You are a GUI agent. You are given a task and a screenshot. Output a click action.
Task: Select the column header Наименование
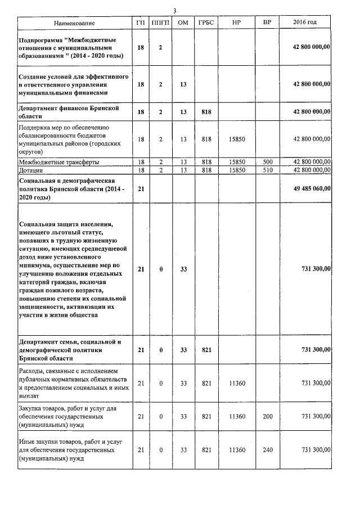[x=74, y=22]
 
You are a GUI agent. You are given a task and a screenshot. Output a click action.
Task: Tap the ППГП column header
[x=160, y=22]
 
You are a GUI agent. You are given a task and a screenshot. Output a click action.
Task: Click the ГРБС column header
[x=206, y=22]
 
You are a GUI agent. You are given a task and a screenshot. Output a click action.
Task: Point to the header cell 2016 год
[x=305, y=22]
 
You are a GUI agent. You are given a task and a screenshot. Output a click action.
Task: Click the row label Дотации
[x=31, y=169]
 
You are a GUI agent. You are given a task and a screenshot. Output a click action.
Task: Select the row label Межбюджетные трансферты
[x=59, y=162]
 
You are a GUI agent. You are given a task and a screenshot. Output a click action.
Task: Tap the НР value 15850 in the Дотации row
[x=237, y=169]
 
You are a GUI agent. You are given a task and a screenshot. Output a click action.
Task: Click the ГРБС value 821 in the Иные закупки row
[x=206, y=450]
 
